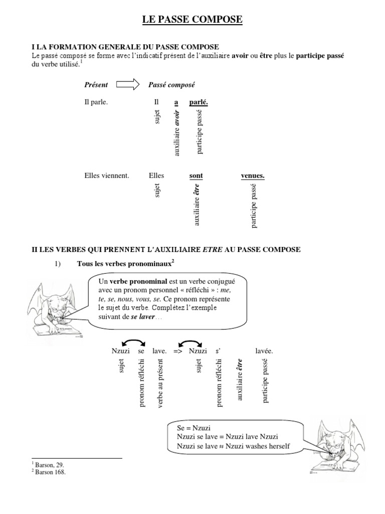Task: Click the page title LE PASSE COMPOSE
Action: (192, 20)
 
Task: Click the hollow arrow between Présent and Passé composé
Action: (128, 85)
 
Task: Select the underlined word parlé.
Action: (199, 102)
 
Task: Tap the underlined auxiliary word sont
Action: (196, 176)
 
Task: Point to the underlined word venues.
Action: (253, 176)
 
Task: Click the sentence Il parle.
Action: (96, 102)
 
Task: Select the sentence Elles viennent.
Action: (107, 176)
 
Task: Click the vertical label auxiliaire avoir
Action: (176, 133)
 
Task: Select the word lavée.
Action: (264, 351)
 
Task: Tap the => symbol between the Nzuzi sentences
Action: (178, 351)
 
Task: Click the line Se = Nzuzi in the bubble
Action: (194, 428)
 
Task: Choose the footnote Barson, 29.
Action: (47, 465)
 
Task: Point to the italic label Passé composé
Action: (171, 85)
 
